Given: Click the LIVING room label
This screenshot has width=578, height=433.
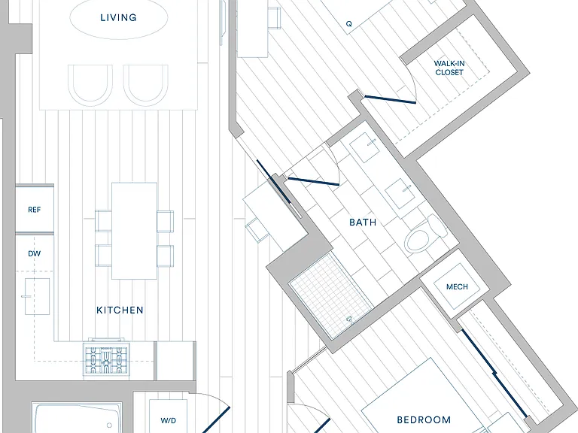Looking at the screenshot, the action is (x=118, y=17).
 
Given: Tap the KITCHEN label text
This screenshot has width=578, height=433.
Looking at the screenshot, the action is (x=120, y=310).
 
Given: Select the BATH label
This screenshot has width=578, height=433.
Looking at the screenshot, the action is (x=363, y=222).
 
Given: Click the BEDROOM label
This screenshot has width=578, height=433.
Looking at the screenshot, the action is (x=424, y=419).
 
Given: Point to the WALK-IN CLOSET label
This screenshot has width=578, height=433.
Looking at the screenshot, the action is (x=449, y=68).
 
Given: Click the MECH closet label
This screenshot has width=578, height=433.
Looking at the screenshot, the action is (x=457, y=287).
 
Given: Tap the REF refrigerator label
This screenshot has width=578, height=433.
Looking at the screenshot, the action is (x=35, y=210).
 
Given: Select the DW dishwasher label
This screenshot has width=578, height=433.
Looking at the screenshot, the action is (x=35, y=253).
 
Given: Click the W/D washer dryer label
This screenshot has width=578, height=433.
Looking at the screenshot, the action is (x=168, y=420).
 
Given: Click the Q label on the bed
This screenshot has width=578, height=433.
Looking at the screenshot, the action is (x=348, y=24).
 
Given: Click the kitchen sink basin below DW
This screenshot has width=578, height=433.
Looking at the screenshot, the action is (x=37, y=296).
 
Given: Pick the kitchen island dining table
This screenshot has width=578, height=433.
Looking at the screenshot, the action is (x=134, y=231).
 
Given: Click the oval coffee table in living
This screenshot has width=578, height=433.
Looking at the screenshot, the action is (x=119, y=17).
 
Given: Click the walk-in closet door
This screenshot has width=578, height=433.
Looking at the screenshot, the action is (x=390, y=100).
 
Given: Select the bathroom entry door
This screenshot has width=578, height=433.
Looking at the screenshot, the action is (x=313, y=181).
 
